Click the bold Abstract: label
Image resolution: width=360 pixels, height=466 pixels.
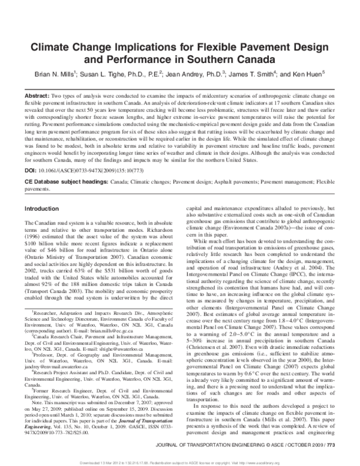click(x=37, y=96)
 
